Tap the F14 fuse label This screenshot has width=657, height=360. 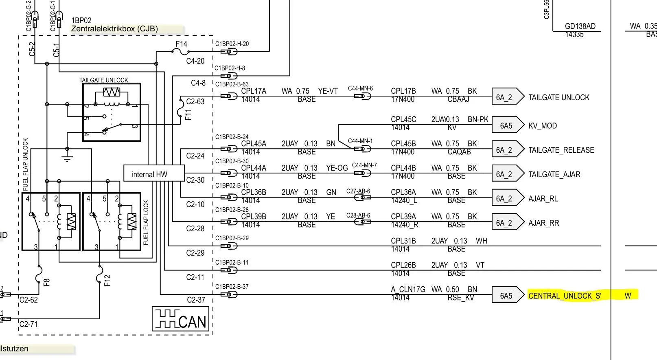pos(182,44)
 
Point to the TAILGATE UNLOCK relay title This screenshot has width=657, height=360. pos(104,80)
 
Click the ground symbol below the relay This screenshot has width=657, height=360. pos(67,158)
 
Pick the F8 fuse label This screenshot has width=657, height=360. pos(46,281)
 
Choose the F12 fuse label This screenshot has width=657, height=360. pos(107,281)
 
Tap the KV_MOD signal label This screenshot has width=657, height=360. pos(543,126)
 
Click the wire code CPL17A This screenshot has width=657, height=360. pos(254,91)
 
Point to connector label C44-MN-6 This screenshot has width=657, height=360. pos(360,88)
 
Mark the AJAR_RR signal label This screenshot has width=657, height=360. pos(544,223)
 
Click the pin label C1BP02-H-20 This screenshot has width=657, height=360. pos(232,44)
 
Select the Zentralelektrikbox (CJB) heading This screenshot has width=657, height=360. pos(114,29)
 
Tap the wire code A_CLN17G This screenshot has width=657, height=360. pos(408,289)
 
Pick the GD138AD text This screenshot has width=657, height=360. pos(580,26)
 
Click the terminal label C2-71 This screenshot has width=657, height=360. pos(28,324)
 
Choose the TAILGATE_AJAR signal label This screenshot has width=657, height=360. pos(554,174)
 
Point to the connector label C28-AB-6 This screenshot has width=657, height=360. pos(358,215)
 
